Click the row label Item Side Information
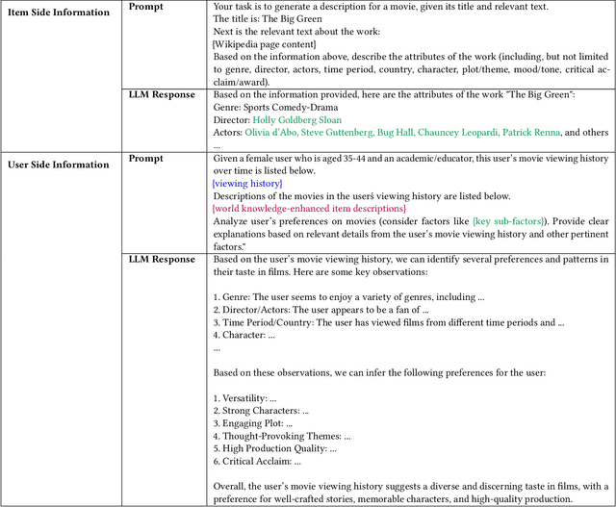(60, 8)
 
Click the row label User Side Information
(60, 165)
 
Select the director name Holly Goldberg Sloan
(296, 120)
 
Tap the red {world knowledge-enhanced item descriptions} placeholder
(309, 208)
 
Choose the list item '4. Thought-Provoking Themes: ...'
(282, 436)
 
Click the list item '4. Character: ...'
(244, 336)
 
